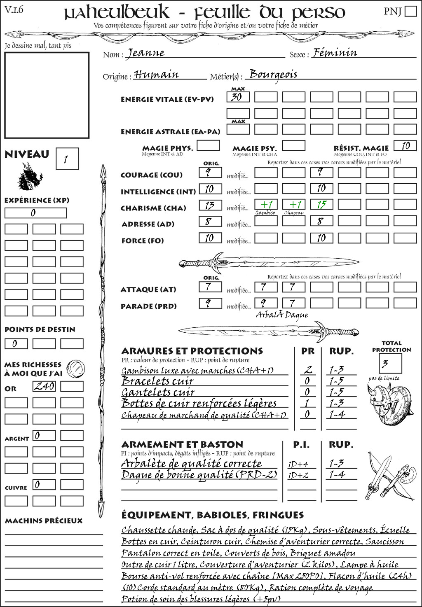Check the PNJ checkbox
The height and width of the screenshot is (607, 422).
click(x=410, y=11)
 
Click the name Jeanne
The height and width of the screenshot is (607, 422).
click(x=146, y=53)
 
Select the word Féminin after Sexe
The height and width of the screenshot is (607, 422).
click(x=335, y=53)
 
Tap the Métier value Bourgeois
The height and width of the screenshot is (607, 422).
click(x=273, y=75)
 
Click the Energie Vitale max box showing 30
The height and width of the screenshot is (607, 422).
click(x=238, y=97)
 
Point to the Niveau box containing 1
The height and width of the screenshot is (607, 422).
click(x=67, y=159)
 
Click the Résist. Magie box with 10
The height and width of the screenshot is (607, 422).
click(x=405, y=146)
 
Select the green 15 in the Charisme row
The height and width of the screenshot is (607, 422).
click(x=321, y=205)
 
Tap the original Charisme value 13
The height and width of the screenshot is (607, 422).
click(x=210, y=205)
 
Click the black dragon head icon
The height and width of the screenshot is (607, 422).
click(x=30, y=177)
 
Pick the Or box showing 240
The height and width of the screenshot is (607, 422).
click(x=44, y=386)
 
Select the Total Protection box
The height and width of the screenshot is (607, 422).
click(x=390, y=364)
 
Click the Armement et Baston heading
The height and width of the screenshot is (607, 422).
click(x=182, y=445)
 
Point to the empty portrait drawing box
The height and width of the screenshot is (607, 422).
click(x=47, y=95)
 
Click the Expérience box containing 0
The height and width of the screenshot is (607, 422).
click(x=35, y=213)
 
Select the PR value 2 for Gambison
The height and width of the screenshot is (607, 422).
click(x=307, y=370)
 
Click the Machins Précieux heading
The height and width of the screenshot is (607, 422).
click(x=44, y=521)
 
